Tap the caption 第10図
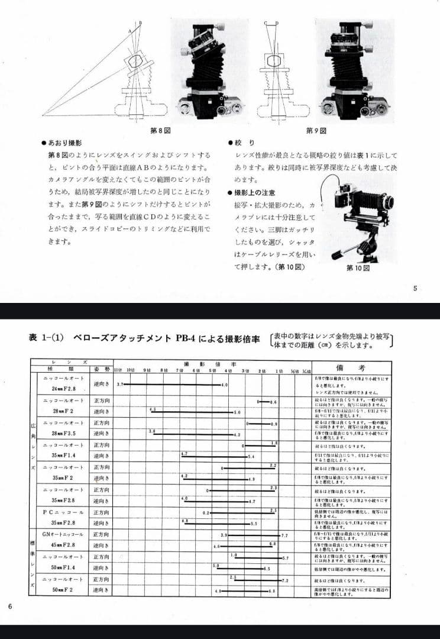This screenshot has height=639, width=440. point(358,268)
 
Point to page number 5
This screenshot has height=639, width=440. point(415,289)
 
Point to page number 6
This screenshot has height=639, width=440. point(10,605)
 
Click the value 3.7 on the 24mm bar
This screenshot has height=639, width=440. point(120,384)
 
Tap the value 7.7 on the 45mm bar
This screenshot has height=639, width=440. point(284,535)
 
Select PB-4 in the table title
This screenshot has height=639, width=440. point(186,338)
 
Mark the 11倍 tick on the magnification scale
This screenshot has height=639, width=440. point(117,369)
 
